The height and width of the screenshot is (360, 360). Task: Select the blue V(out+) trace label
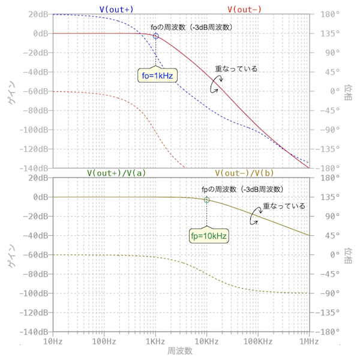(116, 9)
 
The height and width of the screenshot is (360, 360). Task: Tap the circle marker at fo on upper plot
(155, 37)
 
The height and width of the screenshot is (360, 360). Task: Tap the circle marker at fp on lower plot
(207, 200)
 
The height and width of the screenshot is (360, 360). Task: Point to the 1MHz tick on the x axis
(309, 341)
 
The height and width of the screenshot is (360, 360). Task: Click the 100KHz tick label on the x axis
(258, 341)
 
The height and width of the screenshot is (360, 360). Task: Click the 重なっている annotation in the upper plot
(236, 68)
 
